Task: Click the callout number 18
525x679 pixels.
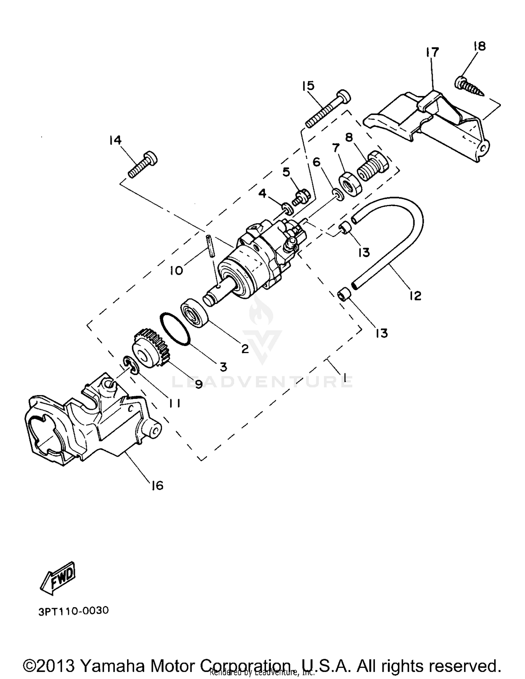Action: [x=480, y=46]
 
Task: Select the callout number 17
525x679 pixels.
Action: [x=432, y=53]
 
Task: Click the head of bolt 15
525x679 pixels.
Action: [x=344, y=95]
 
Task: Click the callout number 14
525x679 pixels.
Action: [x=115, y=141]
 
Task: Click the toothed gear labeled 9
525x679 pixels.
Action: [x=151, y=348]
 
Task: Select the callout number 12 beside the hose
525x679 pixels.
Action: [x=415, y=296]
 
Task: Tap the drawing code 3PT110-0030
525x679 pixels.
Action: [x=74, y=611]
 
